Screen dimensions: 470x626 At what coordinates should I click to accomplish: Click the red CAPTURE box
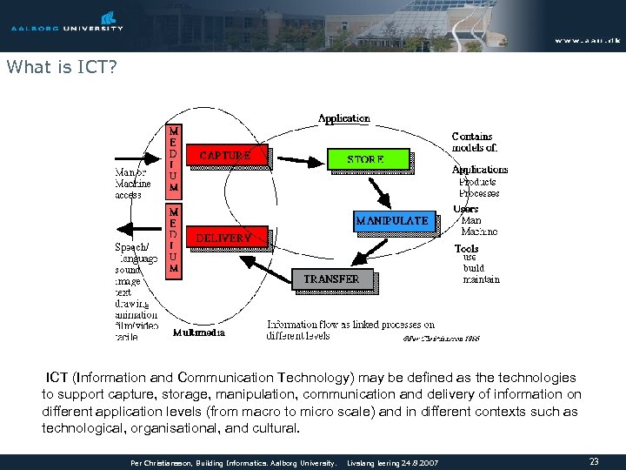pyautogui.click(x=226, y=156)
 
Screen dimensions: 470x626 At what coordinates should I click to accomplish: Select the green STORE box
pyautogui.click(x=366, y=159)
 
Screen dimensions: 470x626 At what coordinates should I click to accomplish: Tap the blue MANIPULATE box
pyautogui.click(x=391, y=220)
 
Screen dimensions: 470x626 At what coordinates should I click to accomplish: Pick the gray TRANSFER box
pyautogui.click(x=331, y=279)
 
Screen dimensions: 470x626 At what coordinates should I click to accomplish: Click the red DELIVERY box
pyautogui.click(x=224, y=237)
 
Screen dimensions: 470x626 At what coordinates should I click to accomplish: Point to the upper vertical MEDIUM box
pyautogui.click(x=174, y=158)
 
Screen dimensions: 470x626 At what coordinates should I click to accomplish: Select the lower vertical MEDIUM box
pyautogui.click(x=174, y=238)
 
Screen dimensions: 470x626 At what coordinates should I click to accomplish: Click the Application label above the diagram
pyautogui.click(x=343, y=118)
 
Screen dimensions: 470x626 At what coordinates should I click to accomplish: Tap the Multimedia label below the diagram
pyautogui.click(x=199, y=332)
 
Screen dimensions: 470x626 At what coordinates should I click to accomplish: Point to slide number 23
pyautogui.click(x=594, y=461)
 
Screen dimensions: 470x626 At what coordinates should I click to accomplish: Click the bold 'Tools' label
pyautogui.click(x=466, y=248)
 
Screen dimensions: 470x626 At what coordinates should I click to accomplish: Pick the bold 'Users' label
pyautogui.click(x=466, y=209)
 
